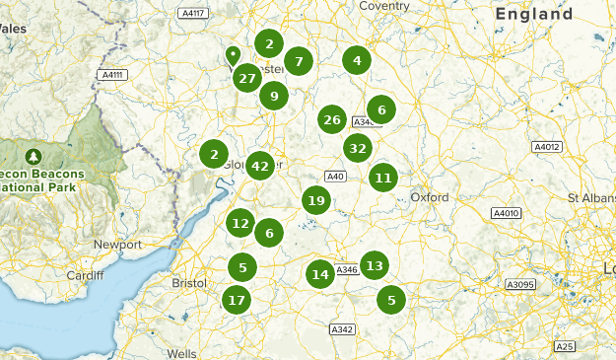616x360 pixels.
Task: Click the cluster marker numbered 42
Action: [x=260, y=166]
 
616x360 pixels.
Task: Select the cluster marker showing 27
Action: [x=247, y=78]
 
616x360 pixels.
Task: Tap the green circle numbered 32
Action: [x=358, y=149]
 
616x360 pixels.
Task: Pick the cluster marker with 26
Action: [x=332, y=120]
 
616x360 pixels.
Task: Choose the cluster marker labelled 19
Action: [x=315, y=201]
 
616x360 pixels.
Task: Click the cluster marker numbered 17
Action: [x=236, y=300]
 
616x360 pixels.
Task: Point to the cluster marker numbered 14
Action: [x=319, y=274]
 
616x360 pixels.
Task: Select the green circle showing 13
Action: [x=374, y=265]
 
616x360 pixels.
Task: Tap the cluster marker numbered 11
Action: [x=383, y=179]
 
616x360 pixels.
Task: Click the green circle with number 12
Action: [x=240, y=224]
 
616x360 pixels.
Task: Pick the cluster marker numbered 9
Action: [x=274, y=96]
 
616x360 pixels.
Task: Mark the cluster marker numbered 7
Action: [x=299, y=61]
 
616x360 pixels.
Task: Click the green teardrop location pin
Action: [x=233, y=54]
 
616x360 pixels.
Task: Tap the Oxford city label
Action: [x=430, y=197]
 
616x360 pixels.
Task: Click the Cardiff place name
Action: [x=86, y=275]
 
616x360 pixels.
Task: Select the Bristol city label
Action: [x=188, y=283]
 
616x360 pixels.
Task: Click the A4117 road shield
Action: [x=194, y=13]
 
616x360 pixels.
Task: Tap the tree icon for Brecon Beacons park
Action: [x=34, y=155]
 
